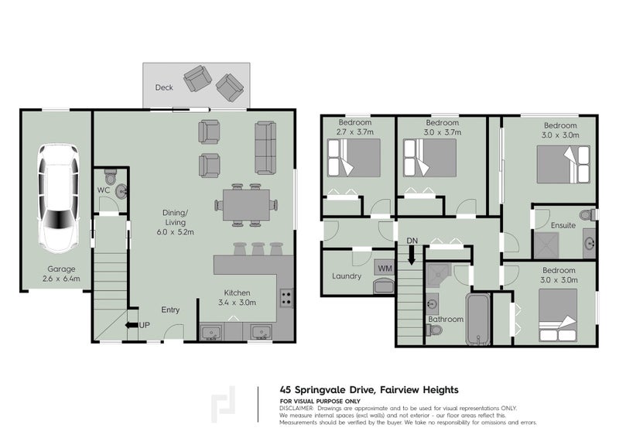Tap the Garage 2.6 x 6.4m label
[56, 273]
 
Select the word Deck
[163, 87]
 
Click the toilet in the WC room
[120, 190]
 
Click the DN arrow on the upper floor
[412, 250]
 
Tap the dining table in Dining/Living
[245, 206]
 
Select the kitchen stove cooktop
[286, 295]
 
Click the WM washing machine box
[384, 268]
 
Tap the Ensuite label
[563, 225]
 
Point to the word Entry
[170, 310]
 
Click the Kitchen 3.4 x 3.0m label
[238, 297]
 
